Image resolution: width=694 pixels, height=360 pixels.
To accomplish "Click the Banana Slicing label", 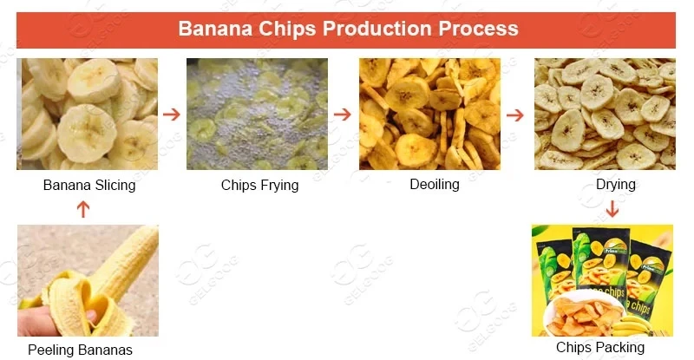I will [x=89, y=185].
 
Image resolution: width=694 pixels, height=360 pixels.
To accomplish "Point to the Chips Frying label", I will [x=259, y=185].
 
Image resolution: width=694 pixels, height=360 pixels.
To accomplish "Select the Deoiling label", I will [x=434, y=184].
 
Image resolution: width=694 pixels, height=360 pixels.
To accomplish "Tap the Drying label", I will [x=616, y=184].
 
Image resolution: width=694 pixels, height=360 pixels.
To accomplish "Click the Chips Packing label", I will [x=600, y=348].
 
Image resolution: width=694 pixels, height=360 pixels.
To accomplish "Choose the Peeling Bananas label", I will [x=80, y=350].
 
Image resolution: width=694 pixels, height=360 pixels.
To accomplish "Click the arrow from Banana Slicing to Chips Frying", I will [x=172, y=114].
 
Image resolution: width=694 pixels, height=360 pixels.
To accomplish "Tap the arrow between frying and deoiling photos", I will [x=343, y=114].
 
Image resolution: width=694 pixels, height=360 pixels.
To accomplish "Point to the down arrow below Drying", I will [x=612, y=208].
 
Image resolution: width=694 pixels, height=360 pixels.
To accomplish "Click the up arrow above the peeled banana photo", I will [x=83, y=208].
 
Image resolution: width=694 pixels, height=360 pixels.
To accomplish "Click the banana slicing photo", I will [x=87, y=114].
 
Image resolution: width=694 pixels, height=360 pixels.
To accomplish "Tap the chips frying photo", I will [x=257, y=114].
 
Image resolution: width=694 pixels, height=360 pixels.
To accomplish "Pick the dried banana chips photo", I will [x=605, y=114].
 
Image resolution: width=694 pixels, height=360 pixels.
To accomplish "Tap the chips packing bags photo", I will [x=602, y=280].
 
